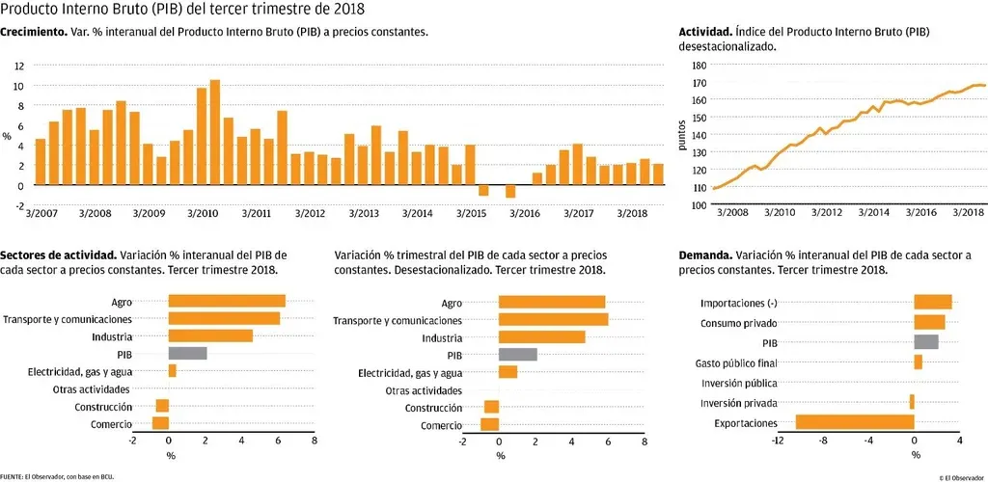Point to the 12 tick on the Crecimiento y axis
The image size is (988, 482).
pos(18,66)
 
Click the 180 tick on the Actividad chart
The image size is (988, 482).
pos(700,66)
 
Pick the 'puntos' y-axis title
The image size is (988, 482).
pos(682,135)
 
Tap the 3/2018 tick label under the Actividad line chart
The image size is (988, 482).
pos(967,212)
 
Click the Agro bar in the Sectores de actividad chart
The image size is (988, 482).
pos(227,301)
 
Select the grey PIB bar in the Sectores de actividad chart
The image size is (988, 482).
pos(187,353)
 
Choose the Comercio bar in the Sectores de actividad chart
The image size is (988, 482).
pos(160,423)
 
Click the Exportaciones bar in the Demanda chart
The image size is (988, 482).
pos(854,422)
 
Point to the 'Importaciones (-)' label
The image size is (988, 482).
pos(738,304)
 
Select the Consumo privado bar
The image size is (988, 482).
pos(929,322)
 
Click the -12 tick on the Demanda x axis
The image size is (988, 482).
pos(776,441)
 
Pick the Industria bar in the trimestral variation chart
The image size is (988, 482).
pos(541,336)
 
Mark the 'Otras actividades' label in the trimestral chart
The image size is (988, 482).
pos(424,390)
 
